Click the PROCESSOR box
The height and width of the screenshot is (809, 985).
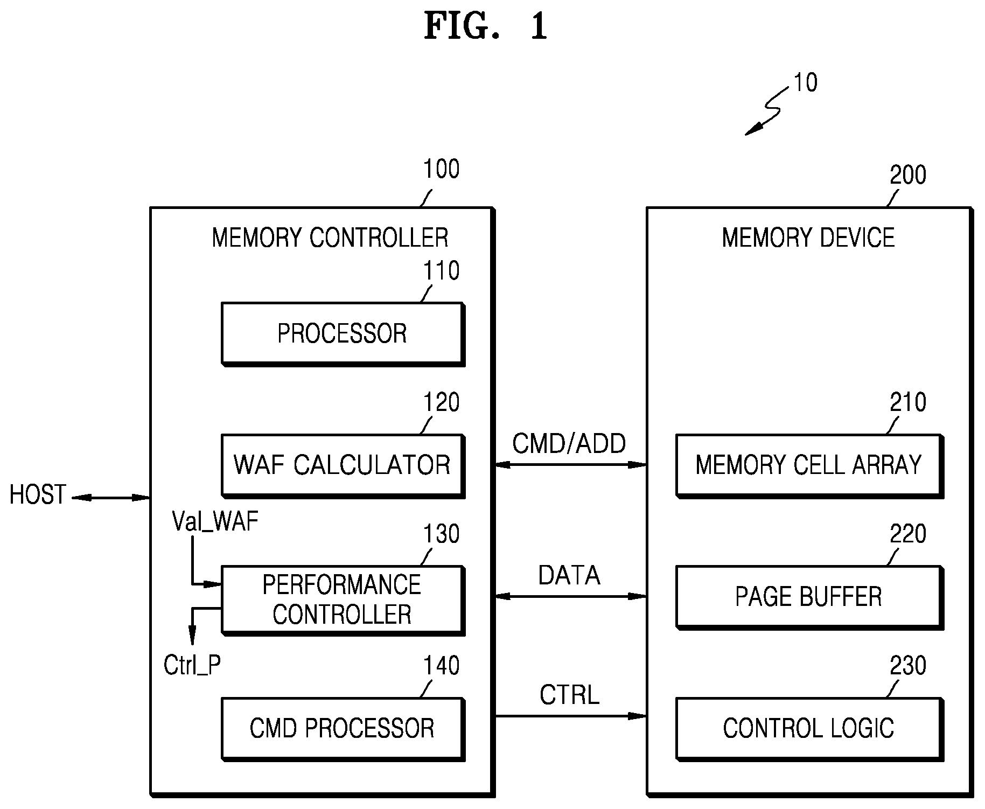[x=343, y=334]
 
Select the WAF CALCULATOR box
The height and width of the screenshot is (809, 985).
[x=343, y=466]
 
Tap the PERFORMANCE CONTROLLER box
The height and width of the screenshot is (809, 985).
[x=343, y=600]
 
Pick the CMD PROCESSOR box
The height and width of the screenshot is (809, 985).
[x=343, y=729]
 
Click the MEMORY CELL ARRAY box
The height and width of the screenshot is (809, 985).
[x=809, y=466]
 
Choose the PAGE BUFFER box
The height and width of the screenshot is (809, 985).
[x=809, y=597]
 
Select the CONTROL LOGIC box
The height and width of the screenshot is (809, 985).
[x=809, y=729]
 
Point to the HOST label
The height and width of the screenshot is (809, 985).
[x=38, y=495]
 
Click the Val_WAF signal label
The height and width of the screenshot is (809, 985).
[x=215, y=522]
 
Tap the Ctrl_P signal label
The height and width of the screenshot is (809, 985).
[x=192, y=666]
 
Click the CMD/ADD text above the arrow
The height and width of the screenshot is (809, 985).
[x=569, y=444]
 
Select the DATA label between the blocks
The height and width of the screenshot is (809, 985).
[x=569, y=576]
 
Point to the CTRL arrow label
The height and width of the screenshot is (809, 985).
[x=569, y=695]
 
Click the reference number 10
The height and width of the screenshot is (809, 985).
[x=806, y=83]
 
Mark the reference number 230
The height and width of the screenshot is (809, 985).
[x=908, y=666]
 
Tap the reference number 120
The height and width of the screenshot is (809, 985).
[x=442, y=403]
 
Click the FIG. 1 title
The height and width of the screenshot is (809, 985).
[x=486, y=26]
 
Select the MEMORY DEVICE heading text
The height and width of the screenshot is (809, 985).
[x=808, y=238]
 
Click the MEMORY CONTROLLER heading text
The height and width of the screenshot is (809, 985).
[x=330, y=238]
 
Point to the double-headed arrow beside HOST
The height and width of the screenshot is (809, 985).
[x=111, y=498]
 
